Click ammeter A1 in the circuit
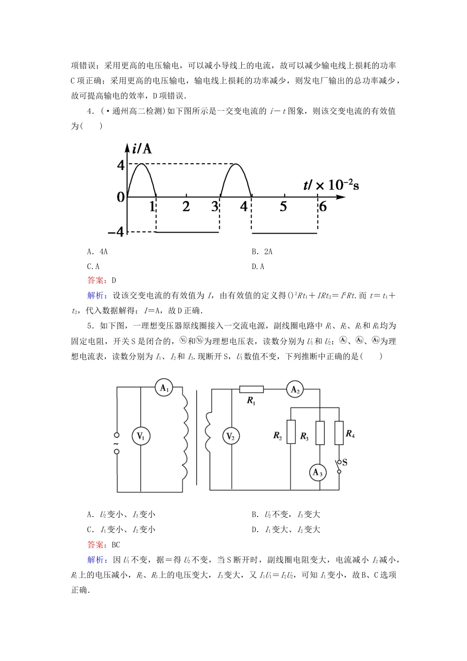[x=164, y=388]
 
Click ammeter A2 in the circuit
[x=295, y=390]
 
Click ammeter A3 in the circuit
[x=318, y=473]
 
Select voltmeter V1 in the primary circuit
[x=141, y=436]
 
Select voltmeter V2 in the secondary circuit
[x=231, y=436]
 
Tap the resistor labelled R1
[x=251, y=390]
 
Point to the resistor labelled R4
[x=339, y=433]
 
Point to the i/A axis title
[x=142, y=148]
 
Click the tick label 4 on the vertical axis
[x=121, y=165]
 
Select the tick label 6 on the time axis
[x=322, y=207]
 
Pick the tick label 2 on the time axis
[x=186, y=207]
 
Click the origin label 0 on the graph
[x=121, y=197]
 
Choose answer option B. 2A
[x=262, y=252]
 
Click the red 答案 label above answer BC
[x=95, y=544]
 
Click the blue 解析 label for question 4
[x=95, y=296]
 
